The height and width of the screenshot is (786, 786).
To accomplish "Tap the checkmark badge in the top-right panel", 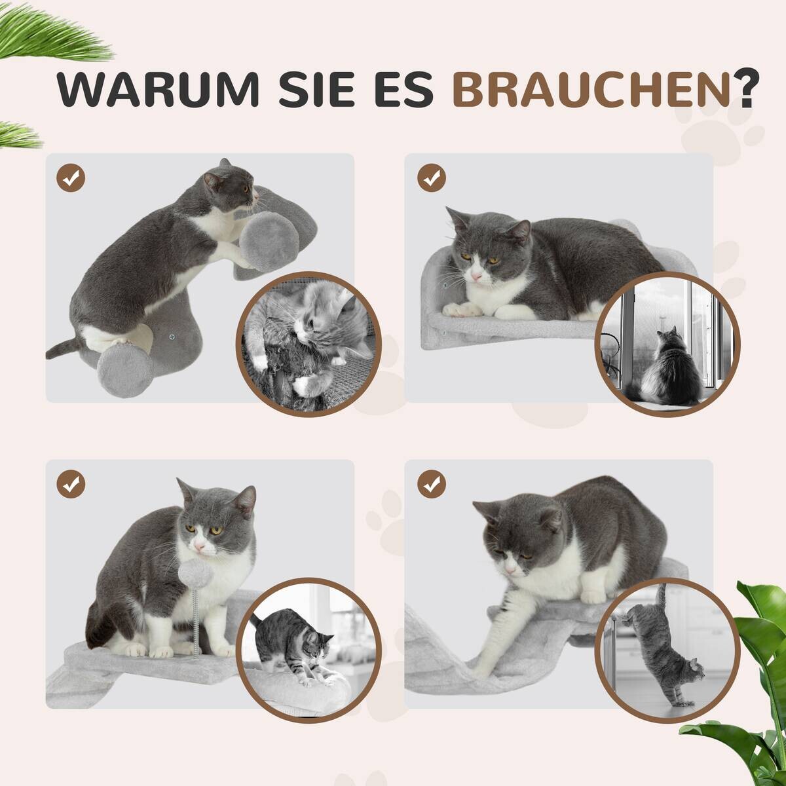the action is point(431,177).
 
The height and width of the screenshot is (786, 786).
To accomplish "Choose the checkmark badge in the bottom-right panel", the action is point(431,484).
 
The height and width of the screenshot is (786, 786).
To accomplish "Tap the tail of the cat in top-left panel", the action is point(62,348).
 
